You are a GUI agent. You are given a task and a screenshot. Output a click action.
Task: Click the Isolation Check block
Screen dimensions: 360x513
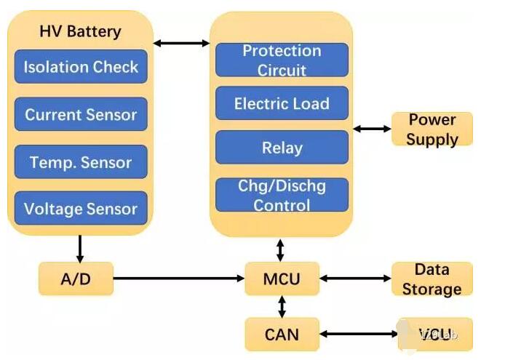[x=81, y=67]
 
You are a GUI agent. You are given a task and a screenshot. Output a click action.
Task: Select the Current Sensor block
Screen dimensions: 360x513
[x=81, y=114]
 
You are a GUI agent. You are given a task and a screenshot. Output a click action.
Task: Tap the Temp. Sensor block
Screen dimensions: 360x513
[x=81, y=161]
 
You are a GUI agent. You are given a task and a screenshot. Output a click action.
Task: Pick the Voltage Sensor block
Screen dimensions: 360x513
[x=81, y=209]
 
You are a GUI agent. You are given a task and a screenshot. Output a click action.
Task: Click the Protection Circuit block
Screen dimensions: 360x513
[x=282, y=60]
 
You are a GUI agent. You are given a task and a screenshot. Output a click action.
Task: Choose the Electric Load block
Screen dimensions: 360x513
[x=282, y=103]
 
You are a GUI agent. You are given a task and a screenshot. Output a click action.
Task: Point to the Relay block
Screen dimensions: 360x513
[x=282, y=148]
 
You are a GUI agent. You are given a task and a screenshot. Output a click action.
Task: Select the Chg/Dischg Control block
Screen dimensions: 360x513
[x=282, y=195]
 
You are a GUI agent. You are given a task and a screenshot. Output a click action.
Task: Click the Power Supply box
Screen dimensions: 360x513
[x=432, y=129]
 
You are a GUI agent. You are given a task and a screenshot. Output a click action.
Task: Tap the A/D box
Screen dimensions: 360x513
[x=76, y=279]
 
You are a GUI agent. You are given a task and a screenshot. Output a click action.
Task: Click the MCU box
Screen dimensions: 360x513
[x=282, y=279]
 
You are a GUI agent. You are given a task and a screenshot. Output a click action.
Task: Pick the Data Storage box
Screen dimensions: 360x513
[x=432, y=279]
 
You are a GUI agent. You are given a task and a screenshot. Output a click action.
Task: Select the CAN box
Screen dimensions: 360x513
[x=282, y=335]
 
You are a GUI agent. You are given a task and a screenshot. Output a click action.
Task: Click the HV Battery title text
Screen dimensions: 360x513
[x=80, y=31]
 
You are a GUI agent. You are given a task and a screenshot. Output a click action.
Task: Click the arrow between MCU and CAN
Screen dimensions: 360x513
[x=282, y=306]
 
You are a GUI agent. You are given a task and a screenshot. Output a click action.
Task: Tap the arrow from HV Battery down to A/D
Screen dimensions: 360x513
[x=80, y=248]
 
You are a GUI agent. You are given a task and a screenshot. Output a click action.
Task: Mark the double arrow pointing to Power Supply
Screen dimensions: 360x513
[x=371, y=129]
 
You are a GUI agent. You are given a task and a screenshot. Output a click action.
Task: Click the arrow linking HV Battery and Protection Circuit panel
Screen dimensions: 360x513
[x=181, y=44]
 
